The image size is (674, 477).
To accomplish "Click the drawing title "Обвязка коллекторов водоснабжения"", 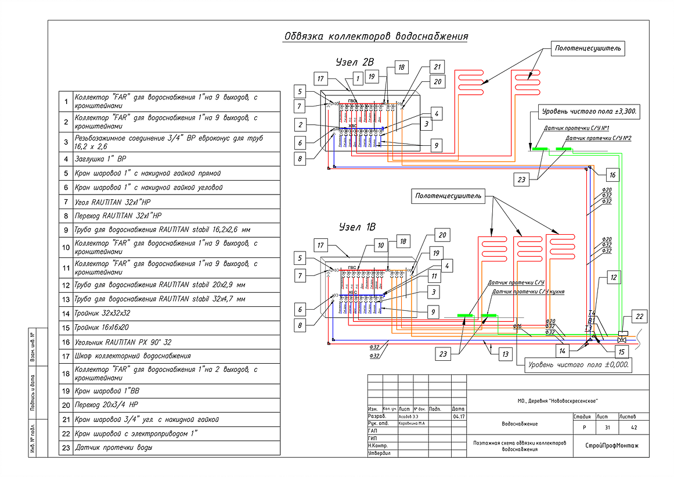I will [376, 37].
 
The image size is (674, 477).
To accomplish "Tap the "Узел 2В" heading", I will [355, 62].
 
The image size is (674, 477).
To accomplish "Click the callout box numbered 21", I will [437, 66].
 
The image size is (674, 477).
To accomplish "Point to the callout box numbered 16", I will [612, 174].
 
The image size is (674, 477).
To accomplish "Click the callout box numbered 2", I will [300, 124].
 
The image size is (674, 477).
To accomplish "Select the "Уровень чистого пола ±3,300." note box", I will [588, 110].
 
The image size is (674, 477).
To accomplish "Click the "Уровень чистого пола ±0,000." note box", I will [578, 365].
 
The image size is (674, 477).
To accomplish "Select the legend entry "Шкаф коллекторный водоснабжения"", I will [132, 356].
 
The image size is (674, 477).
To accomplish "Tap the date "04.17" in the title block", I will [457, 417].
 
